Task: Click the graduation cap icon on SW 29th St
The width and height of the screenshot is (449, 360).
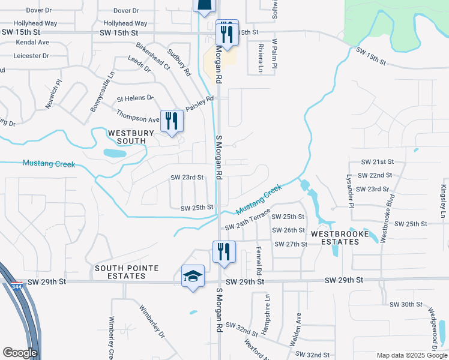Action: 193,277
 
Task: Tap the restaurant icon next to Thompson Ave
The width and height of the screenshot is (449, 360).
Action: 172,121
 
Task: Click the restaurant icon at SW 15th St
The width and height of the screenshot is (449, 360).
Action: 228,32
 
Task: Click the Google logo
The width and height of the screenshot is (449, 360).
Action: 20,352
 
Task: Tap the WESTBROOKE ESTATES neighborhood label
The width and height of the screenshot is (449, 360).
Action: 335,237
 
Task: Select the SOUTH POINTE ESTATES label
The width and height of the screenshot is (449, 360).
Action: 119,272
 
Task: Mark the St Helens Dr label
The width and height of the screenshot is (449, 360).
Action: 135,98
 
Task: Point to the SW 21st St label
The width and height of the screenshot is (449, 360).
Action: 376,162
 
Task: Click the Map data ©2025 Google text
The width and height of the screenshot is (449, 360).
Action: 411,355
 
